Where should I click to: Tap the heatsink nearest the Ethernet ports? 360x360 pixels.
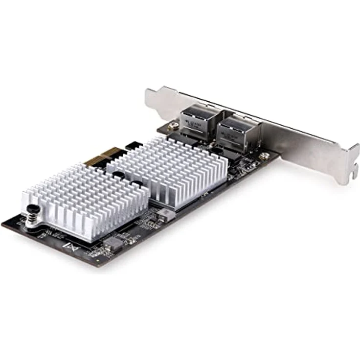click(x=169, y=169)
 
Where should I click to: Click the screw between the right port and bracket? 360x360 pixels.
click(x=265, y=156)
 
